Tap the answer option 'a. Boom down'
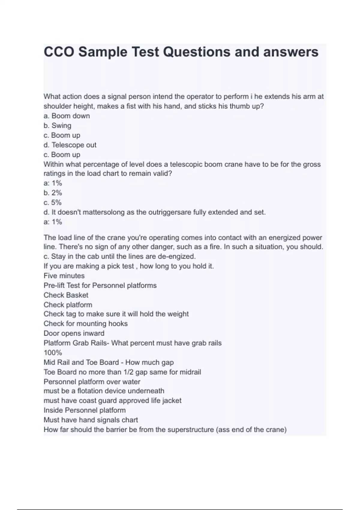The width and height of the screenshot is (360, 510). pos(67,116)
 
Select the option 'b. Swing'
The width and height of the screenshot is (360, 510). pos(57,125)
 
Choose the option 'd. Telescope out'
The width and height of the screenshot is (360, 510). pos(70,145)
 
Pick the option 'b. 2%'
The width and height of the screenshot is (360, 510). pos(53,193)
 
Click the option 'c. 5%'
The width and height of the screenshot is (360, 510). pos(52,202)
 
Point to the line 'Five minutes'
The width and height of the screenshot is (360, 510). pos(64,276)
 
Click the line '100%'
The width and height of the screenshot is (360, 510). pos(53,352)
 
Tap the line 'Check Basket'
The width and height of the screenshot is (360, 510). pos(66,295)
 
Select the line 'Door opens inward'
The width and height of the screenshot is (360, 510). pos(74,333)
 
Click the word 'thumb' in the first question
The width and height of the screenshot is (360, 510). pos(239,106)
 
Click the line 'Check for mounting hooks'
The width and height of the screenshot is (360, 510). pos(85,324)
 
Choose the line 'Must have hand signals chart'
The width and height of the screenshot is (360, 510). pos(91,420)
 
